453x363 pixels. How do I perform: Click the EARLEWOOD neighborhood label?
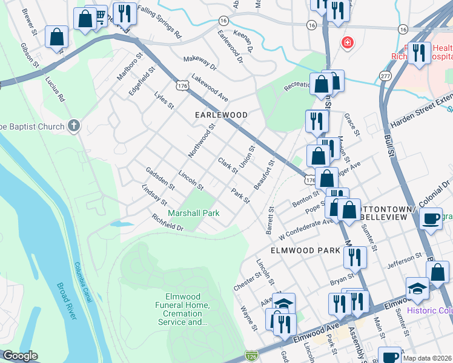click(220, 115)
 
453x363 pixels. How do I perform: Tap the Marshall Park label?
click(194, 213)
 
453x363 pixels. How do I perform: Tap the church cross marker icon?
click(73, 126)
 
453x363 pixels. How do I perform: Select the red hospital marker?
click(347, 42)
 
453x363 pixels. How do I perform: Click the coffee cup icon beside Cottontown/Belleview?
click(431, 219)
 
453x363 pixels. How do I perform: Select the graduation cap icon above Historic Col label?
click(417, 289)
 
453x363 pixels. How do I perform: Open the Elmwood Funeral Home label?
click(187, 310)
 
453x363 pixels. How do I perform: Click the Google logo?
click(20, 356)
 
